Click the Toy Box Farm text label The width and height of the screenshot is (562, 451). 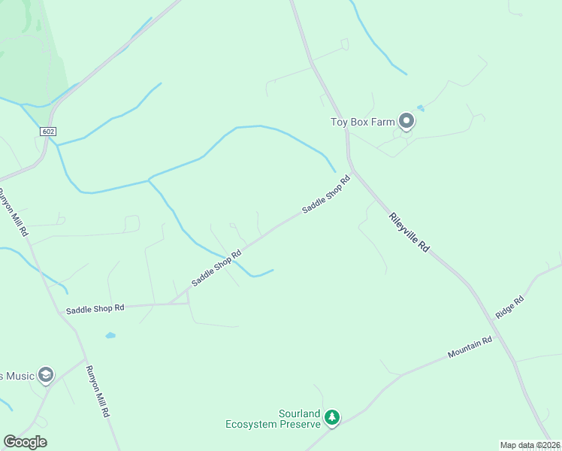click(363, 122)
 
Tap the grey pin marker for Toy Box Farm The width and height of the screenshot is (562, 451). click(406, 120)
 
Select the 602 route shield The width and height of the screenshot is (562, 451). click(48, 132)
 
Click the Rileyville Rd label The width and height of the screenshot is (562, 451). click(409, 232)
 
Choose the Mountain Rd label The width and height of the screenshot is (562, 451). click(470, 347)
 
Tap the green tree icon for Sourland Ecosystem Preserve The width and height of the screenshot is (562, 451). click(332, 416)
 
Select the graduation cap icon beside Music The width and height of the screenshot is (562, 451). click(46, 374)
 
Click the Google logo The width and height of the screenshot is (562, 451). click(25, 442)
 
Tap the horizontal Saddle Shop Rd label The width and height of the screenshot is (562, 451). click(95, 309)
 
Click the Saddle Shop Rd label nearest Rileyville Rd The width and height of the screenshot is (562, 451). click(326, 195)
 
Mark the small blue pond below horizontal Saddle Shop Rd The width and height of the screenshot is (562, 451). click(110, 335)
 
